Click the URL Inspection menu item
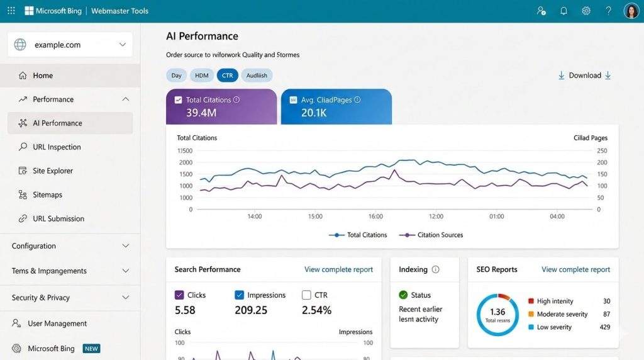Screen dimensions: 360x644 point(57,147)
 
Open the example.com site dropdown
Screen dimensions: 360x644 point(70,45)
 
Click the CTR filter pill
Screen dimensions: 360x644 point(227,76)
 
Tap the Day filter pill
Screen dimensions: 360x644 point(176,76)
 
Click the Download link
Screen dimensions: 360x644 point(585,76)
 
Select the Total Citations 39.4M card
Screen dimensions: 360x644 point(221,106)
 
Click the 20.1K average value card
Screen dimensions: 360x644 point(336,106)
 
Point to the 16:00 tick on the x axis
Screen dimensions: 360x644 point(375,217)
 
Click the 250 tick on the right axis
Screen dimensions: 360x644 point(602,151)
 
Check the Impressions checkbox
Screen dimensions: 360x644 point(239,295)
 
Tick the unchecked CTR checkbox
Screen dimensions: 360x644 point(306,295)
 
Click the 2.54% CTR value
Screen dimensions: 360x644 point(316,310)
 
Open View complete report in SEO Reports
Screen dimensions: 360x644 point(575,269)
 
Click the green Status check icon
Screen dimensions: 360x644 point(403,295)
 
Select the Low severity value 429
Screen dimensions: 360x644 point(604,327)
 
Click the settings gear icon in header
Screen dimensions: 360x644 point(586,11)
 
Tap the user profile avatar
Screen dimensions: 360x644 point(631,11)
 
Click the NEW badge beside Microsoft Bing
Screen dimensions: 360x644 point(92,349)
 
